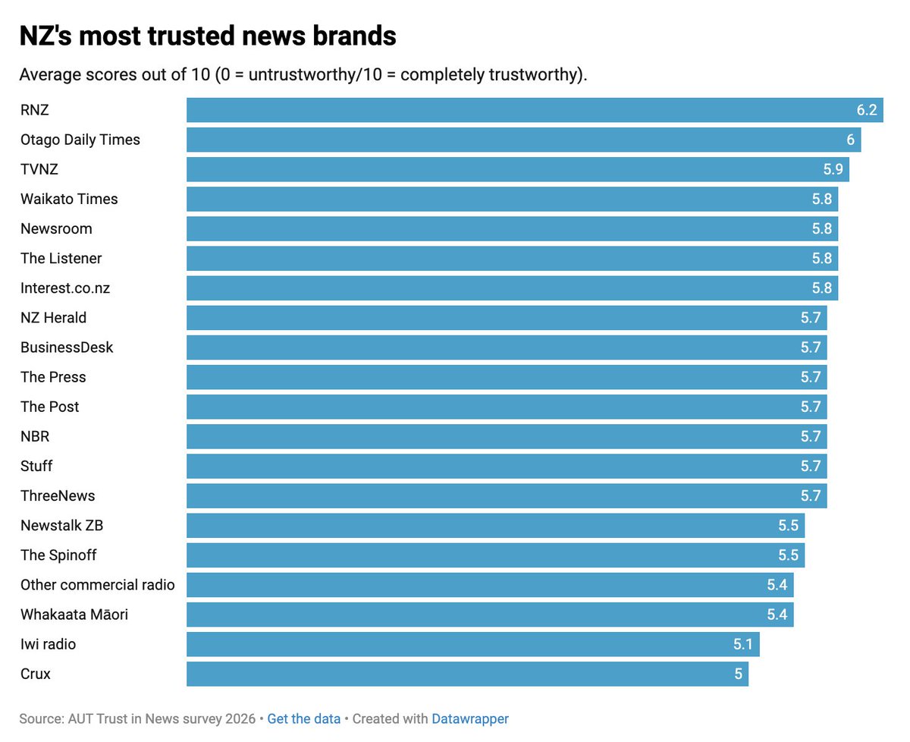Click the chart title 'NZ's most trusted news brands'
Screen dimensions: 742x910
click(207, 36)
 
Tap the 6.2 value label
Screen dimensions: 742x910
click(866, 110)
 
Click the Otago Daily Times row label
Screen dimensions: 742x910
click(80, 140)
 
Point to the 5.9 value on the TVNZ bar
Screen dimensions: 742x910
click(833, 169)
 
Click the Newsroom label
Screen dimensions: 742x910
click(56, 228)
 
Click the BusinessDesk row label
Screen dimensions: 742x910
click(67, 347)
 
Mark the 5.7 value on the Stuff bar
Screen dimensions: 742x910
click(810, 466)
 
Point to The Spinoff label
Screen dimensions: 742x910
click(58, 555)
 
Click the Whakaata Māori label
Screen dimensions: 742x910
click(74, 614)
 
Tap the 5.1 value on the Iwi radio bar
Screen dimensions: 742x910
click(742, 644)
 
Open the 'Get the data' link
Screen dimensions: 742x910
click(303, 718)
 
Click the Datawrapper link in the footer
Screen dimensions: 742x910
click(469, 718)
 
